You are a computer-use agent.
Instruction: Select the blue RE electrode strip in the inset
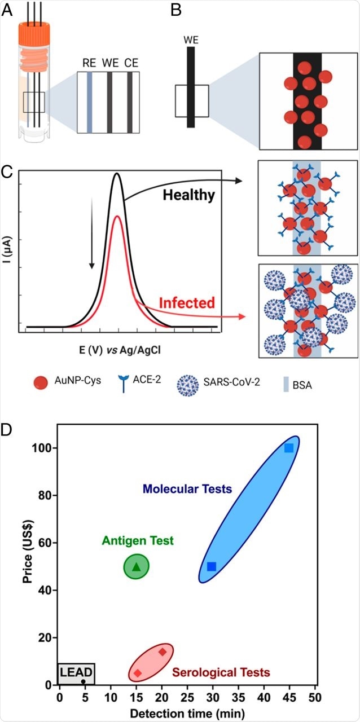[90, 102]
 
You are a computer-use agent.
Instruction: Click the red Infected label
[187, 302]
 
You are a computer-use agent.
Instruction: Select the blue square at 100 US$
[289, 448]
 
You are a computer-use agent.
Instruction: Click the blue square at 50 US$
[212, 566]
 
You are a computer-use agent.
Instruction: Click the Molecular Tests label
[187, 488]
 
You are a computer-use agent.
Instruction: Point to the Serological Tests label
[221, 672]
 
